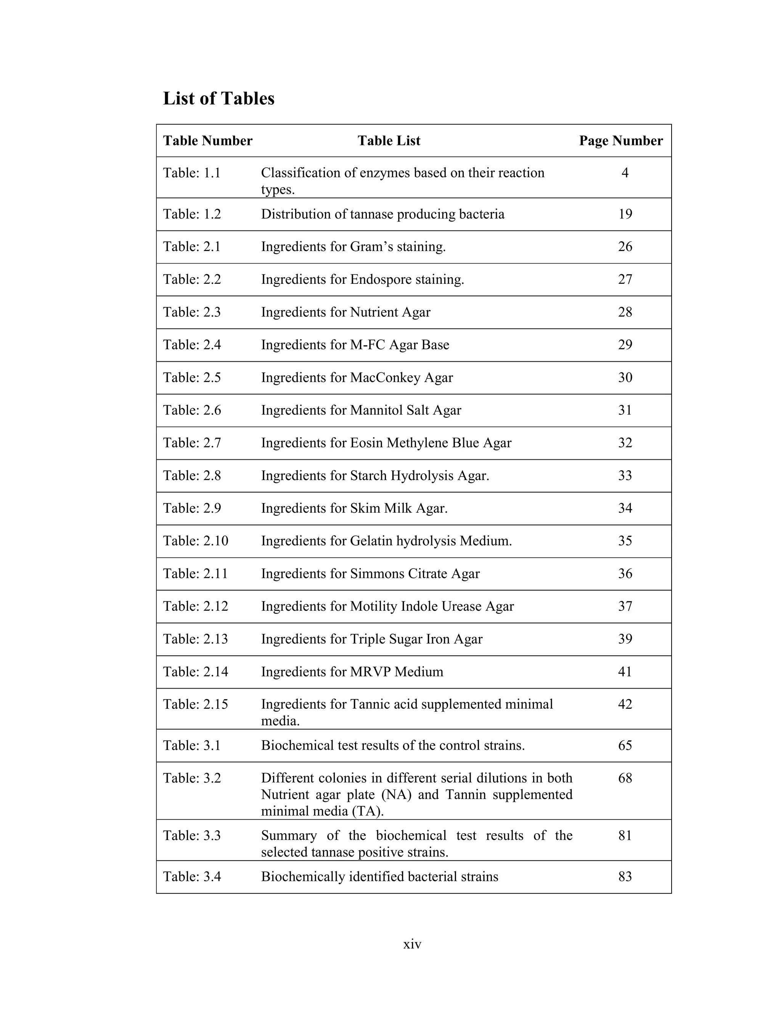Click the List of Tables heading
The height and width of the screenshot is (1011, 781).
tap(219, 98)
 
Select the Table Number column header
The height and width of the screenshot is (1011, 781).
tap(207, 141)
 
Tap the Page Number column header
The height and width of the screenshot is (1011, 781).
tap(620, 141)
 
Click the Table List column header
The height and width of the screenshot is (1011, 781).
tap(389, 141)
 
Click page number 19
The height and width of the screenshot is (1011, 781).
tap(625, 214)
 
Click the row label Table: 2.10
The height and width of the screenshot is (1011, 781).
tap(195, 541)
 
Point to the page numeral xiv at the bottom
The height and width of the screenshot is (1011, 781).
tap(412, 944)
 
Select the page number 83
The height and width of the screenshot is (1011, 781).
tap(625, 877)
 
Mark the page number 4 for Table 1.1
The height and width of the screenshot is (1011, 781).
tap(625, 173)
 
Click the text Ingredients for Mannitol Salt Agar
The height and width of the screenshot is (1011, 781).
tap(361, 411)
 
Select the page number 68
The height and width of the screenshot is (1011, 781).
tap(625, 778)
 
